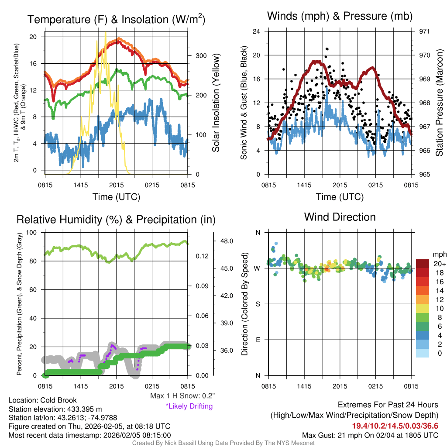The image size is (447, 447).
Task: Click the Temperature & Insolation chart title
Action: point(116,20)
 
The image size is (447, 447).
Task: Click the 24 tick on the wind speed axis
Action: point(257,31)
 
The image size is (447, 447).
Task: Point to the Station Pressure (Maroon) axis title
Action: point(440,103)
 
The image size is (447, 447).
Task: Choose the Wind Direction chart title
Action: point(340,217)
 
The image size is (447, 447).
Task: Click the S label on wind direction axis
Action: point(258,304)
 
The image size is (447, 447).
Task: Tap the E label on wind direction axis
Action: point(258,340)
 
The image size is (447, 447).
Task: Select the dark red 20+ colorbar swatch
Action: point(423,264)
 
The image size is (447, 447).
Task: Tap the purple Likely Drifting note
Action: point(189,406)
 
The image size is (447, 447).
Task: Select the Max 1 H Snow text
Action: point(182,396)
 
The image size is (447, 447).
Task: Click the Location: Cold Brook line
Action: point(43,400)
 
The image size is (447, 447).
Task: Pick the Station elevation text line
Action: point(55,409)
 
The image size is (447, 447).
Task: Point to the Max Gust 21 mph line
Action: point(370,435)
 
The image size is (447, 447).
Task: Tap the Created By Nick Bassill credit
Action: point(223,443)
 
